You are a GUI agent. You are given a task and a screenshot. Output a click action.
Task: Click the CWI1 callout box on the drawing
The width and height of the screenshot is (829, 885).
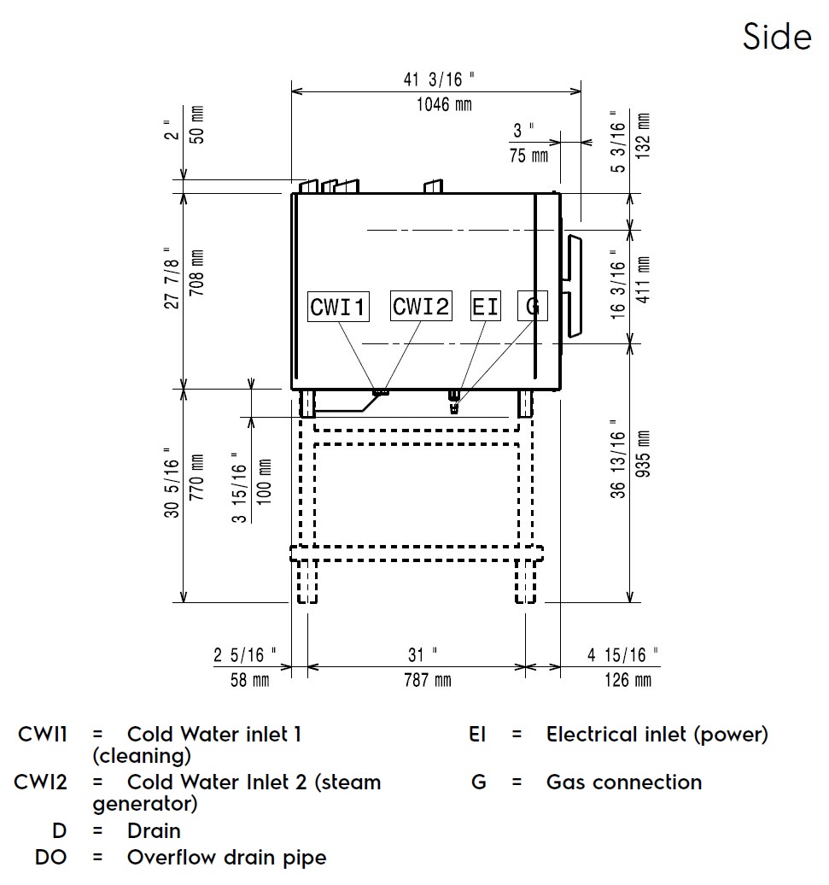click(339, 307)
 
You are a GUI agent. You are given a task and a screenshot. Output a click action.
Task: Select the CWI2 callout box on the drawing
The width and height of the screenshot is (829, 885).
click(421, 306)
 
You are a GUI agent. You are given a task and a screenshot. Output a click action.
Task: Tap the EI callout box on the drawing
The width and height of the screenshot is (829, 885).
click(486, 306)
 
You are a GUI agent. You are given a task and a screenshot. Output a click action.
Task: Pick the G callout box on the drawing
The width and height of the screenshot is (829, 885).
click(532, 306)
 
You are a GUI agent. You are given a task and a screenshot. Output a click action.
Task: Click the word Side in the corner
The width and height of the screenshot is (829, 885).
click(776, 37)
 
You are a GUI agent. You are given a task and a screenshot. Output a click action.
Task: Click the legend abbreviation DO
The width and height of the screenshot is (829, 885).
click(51, 857)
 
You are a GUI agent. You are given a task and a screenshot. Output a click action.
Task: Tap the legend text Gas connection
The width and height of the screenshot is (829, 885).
click(623, 782)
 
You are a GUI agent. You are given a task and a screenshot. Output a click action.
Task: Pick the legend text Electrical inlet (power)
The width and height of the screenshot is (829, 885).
click(657, 734)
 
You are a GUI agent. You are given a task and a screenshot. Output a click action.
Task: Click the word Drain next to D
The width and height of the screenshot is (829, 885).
click(154, 830)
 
